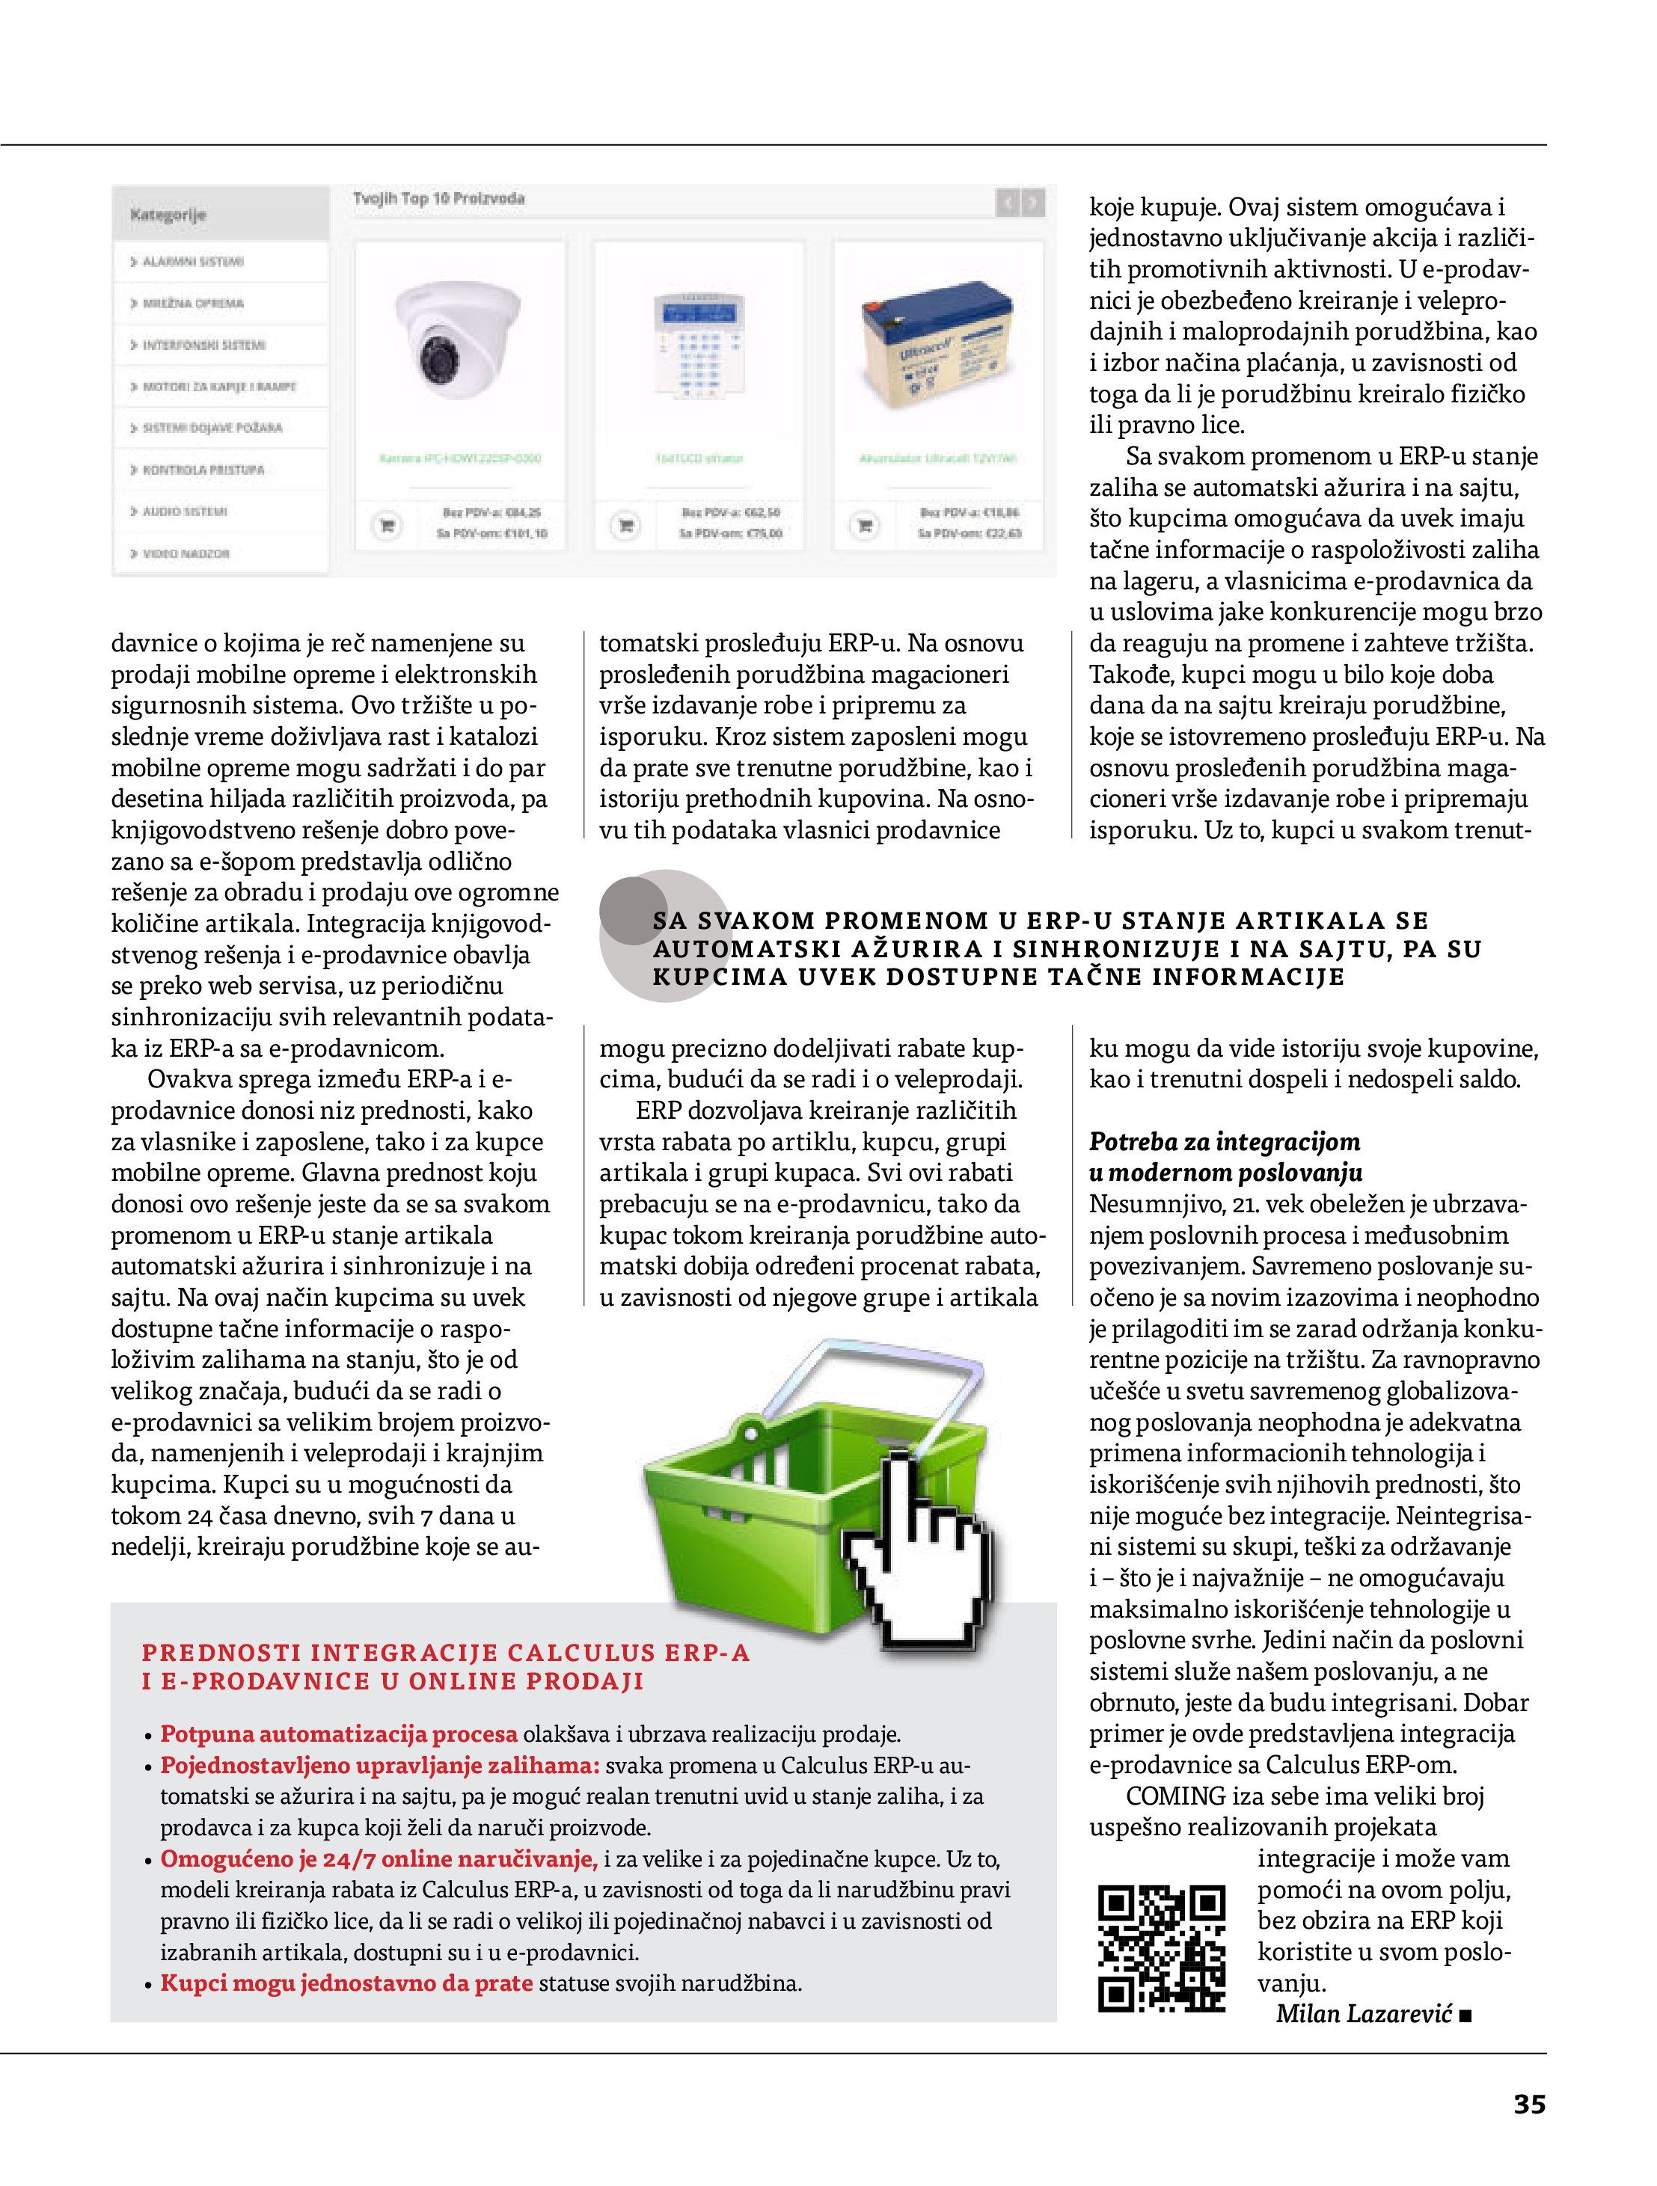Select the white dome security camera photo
457,339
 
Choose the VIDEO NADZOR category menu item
187,553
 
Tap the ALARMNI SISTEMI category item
193,262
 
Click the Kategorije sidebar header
168,215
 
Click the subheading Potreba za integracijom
1224,1141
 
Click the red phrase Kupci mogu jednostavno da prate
346,1983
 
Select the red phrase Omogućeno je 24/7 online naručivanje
379,1858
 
